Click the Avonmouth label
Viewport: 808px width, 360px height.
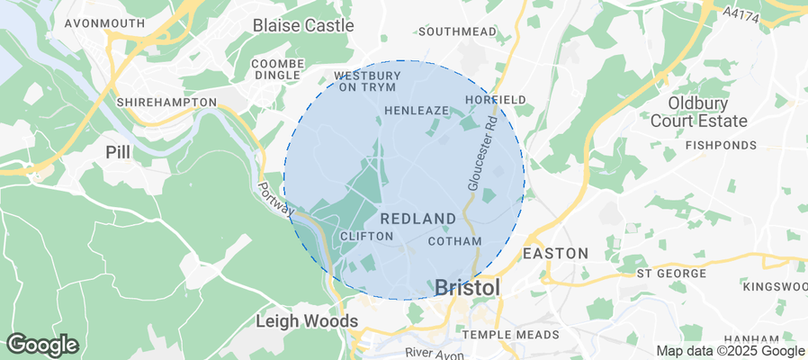pyautogui.click(x=104, y=22)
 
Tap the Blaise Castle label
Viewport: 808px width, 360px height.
pyautogui.click(x=303, y=25)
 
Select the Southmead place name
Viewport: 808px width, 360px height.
pyautogui.click(x=457, y=31)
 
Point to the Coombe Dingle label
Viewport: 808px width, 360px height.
pyautogui.click(x=276, y=69)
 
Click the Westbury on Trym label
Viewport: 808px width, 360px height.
pyautogui.click(x=366, y=81)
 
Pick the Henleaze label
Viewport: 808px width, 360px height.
pyautogui.click(x=416, y=110)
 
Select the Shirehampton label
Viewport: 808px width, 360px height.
pyautogui.click(x=166, y=103)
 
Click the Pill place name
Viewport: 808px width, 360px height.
pyautogui.click(x=118, y=151)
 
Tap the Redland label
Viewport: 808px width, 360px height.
pyautogui.click(x=418, y=219)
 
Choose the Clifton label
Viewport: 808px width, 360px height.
pyautogui.click(x=367, y=236)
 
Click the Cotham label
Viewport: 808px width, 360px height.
pyautogui.click(x=455, y=241)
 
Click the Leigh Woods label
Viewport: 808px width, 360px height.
pyautogui.click(x=307, y=320)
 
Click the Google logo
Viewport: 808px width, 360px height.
pyautogui.click(x=42, y=344)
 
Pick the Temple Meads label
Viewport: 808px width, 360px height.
pyautogui.click(x=510, y=335)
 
